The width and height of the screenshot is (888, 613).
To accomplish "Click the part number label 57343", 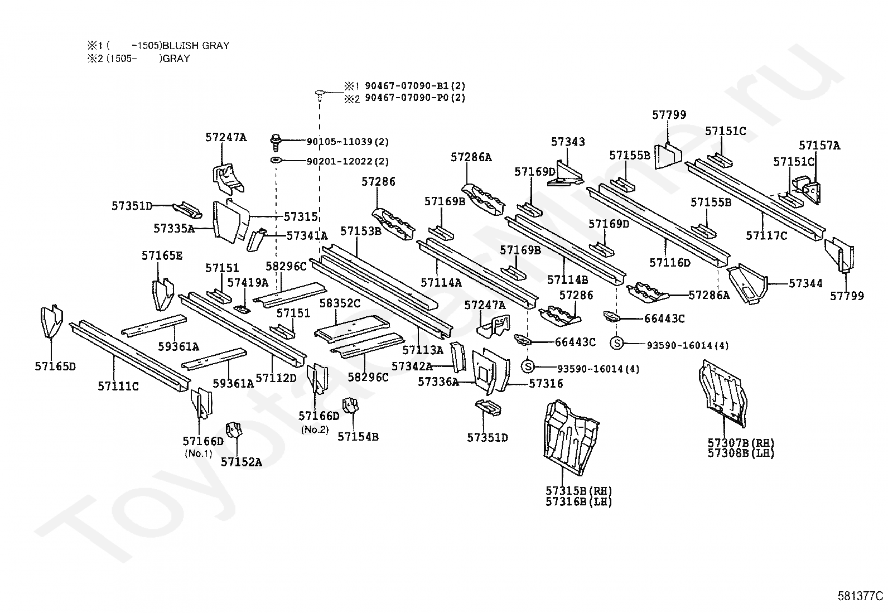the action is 568,142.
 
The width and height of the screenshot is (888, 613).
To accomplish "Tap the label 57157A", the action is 819,146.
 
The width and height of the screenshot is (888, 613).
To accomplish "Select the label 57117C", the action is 766,235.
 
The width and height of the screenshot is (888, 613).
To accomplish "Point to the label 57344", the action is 805,283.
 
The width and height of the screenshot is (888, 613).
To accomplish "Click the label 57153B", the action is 361,231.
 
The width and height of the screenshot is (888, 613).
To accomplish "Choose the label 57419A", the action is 248,282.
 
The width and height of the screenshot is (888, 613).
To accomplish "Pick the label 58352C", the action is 340,303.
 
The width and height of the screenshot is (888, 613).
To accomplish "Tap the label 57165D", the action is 55,366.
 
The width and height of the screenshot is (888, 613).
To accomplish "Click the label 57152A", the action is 242,462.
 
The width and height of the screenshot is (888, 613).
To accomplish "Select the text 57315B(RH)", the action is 578,491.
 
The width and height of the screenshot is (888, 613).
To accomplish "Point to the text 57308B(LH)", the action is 741,453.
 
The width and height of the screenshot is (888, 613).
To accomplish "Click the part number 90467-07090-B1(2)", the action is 415,86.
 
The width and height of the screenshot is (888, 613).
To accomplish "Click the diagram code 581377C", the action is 860,596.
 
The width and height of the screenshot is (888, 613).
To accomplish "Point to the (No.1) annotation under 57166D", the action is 199,453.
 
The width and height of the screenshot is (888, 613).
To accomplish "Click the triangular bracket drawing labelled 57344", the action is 747,283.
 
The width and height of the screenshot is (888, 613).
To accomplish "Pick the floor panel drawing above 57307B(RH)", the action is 722,393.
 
